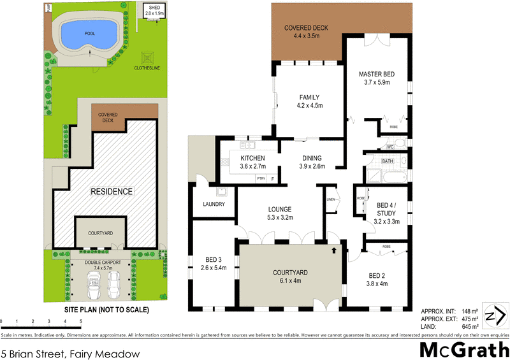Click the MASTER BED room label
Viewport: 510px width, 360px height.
click(x=376, y=75)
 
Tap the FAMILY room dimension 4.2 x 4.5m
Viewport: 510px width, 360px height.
click(x=309, y=106)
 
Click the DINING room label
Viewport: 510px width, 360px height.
click(x=309, y=159)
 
